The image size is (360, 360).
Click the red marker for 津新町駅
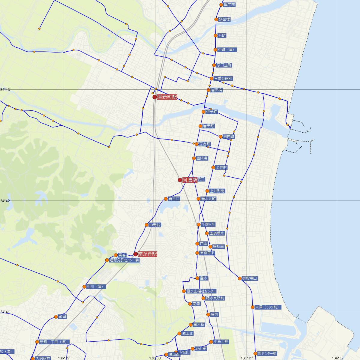[154, 97]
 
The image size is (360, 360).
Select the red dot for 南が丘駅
[135, 254]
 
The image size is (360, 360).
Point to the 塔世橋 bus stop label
[224, 19]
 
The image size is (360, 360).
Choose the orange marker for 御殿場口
[240, 278]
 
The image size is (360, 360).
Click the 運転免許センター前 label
[124, 260]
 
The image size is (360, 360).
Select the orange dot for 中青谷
[146, 225]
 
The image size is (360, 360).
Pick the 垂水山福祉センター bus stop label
[201, 291]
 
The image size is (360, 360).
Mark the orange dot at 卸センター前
[255, 354]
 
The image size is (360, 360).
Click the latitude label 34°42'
[5, 201]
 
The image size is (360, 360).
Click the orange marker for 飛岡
[56, 317]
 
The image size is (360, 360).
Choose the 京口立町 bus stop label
[224, 65]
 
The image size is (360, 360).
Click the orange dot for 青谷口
[166, 199]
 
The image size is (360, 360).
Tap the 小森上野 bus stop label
[221, 342]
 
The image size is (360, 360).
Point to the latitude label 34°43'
[5, 90]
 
